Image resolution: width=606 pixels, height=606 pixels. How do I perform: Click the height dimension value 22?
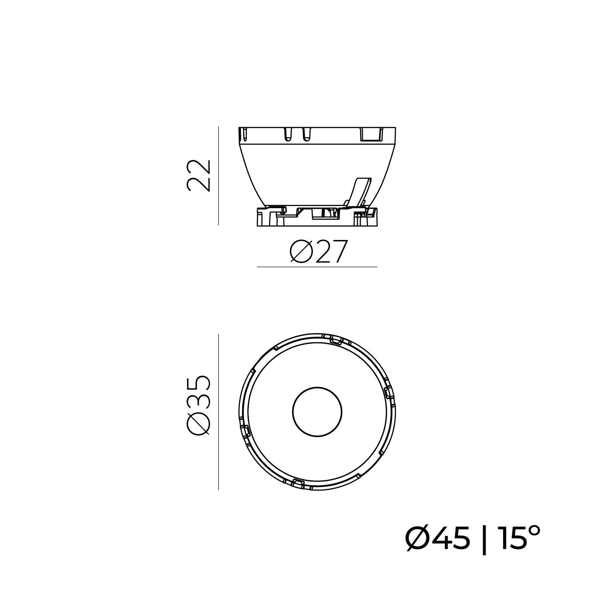click(x=199, y=175)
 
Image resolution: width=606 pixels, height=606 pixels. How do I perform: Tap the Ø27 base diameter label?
click(x=318, y=252)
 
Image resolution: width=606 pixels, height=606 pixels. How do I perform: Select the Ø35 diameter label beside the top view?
click(x=199, y=406)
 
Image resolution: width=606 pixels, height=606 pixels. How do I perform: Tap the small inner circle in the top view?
click(x=317, y=412)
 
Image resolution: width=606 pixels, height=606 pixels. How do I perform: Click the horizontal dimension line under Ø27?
click(x=317, y=267)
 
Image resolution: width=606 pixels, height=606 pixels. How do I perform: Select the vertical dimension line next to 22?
click(x=218, y=176)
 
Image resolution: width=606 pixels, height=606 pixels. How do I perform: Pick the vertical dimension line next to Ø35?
click(x=218, y=412)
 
